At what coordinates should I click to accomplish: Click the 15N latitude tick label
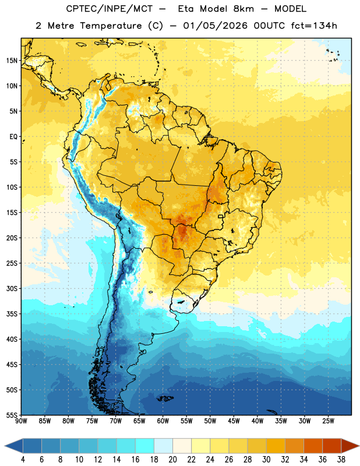(x=12, y=61)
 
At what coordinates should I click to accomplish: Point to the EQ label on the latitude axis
(x=13, y=137)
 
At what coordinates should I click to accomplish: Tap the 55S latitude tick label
(x=12, y=415)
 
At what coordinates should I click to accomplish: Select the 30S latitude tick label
(x=12, y=288)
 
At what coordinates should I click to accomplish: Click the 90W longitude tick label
(x=21, y=421)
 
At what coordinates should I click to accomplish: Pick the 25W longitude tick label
(x=328, y=421)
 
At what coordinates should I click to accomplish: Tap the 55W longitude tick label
(x=186, y=421)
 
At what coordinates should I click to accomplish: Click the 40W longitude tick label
(x=257, y=421)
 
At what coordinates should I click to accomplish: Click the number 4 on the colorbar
(x=23, y=460)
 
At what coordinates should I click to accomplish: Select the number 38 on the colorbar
(x=341, y=460)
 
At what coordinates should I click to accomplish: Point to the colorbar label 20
(x=172, y=460)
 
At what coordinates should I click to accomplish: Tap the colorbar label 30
(x=266, y=460)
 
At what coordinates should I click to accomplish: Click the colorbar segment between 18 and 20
(x=164, y=446)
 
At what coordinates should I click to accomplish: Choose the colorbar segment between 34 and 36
(x=313, y=446)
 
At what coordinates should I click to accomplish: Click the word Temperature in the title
(x=111, y=26)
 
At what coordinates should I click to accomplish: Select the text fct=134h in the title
(x=314, y=26)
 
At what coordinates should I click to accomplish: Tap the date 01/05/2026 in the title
(x=215, y=26)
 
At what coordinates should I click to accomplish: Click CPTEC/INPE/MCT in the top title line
(x=110, y=9)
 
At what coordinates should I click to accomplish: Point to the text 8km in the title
(x=243, y=9)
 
